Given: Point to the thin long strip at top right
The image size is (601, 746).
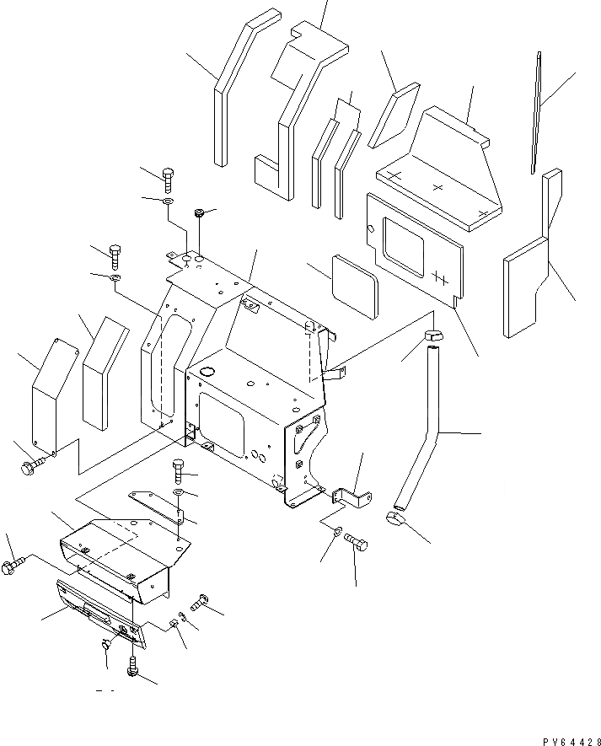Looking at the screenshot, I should tap(538, 114).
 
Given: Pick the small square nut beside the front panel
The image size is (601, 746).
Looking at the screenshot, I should tap(173, 625).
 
